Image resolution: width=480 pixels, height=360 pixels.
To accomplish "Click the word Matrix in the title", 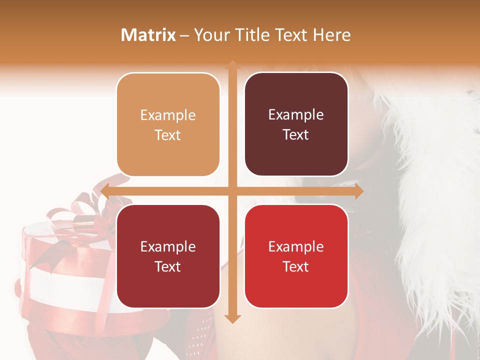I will [148, 35].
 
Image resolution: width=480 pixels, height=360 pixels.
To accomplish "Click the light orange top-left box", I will [168, 124].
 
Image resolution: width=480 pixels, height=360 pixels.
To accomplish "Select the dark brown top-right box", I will [296, 124].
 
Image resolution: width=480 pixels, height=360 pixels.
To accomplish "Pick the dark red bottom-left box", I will [168, 256].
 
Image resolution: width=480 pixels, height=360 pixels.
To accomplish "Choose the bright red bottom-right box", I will [296, 256].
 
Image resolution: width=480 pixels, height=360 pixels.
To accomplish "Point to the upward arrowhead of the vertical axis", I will [232, 64].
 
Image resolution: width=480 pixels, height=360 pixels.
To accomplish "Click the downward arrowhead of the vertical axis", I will [232, 318].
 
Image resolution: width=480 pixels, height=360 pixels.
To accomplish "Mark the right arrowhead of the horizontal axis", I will [358, 191].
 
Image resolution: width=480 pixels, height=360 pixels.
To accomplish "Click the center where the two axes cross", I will [232, 191].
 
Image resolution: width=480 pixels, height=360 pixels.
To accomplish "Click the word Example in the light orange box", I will [168, 115].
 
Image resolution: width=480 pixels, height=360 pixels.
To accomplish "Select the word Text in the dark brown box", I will [296, 135].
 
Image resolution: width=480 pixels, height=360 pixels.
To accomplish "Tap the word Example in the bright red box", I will [296, 246].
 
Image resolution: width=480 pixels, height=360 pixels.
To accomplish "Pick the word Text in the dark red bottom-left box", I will [168, 266].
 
